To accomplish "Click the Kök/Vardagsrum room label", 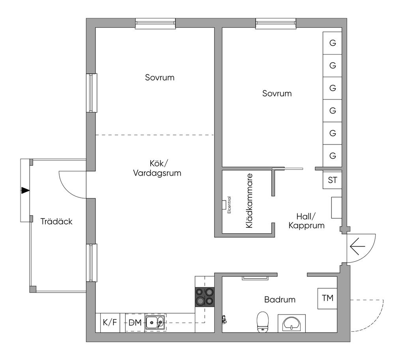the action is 157,168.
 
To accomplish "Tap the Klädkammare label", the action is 249,201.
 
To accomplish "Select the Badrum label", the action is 280,300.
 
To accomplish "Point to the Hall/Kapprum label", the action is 306,221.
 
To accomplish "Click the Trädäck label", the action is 56,221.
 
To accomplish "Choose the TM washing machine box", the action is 327,298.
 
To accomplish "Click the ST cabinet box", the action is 332,180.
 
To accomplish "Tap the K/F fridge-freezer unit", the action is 110,322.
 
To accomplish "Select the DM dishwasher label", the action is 135,322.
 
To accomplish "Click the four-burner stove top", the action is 205,297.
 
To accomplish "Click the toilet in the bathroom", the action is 263,322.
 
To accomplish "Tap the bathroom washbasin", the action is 292,323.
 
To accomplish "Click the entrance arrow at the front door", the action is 357,247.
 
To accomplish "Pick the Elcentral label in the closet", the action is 229,205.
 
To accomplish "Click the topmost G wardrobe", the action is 332,43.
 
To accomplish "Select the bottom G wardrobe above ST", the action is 332,156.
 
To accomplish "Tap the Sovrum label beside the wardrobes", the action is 277,93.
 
